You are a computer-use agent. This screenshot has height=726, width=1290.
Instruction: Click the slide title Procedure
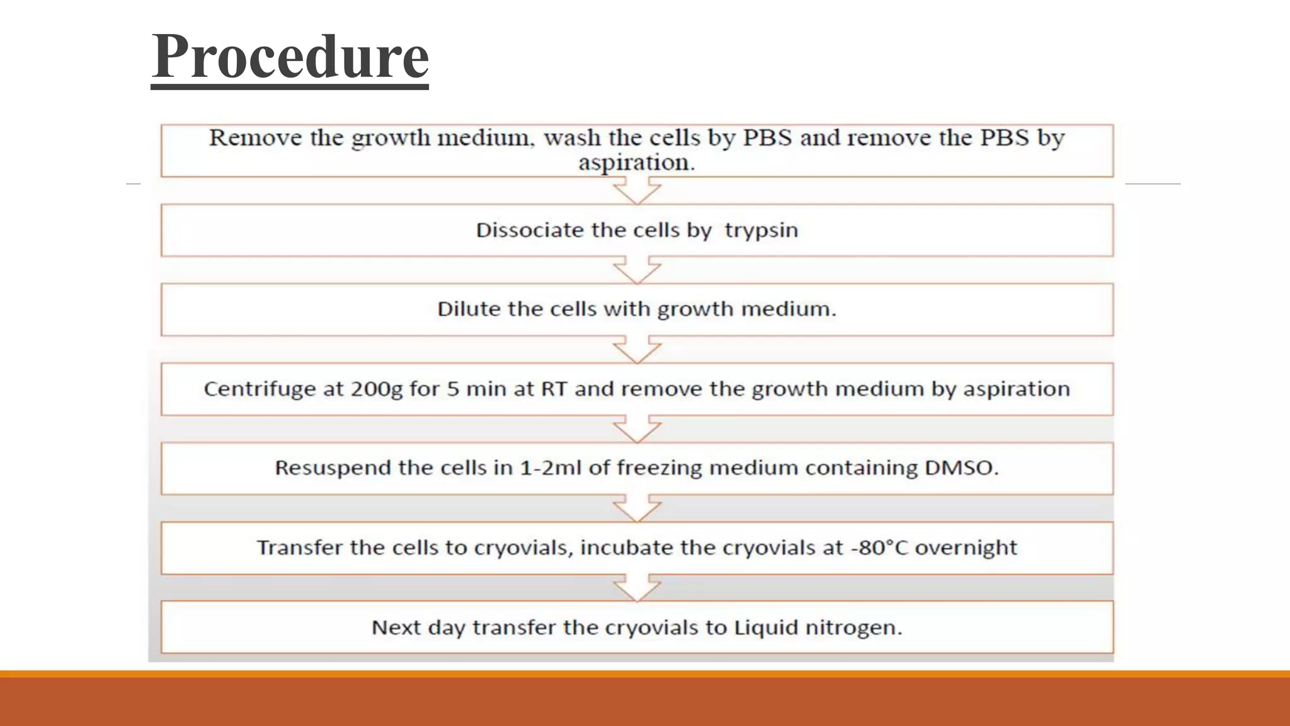coord(290,57)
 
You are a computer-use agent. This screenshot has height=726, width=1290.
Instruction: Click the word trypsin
coord(761,231)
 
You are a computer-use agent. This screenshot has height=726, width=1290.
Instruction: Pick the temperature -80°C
coord(879,547)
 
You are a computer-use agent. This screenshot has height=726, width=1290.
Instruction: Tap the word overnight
coord(966,548)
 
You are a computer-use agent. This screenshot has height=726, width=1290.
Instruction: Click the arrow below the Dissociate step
coord(637,270)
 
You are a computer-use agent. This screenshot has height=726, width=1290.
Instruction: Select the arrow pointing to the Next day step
coord(637,587)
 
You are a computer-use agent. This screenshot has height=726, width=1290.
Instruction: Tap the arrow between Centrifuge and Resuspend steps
coord(637,429)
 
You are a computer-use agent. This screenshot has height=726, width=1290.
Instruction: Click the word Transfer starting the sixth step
coord(299,547)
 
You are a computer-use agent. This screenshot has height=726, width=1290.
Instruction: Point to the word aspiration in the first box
coord(636,163)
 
